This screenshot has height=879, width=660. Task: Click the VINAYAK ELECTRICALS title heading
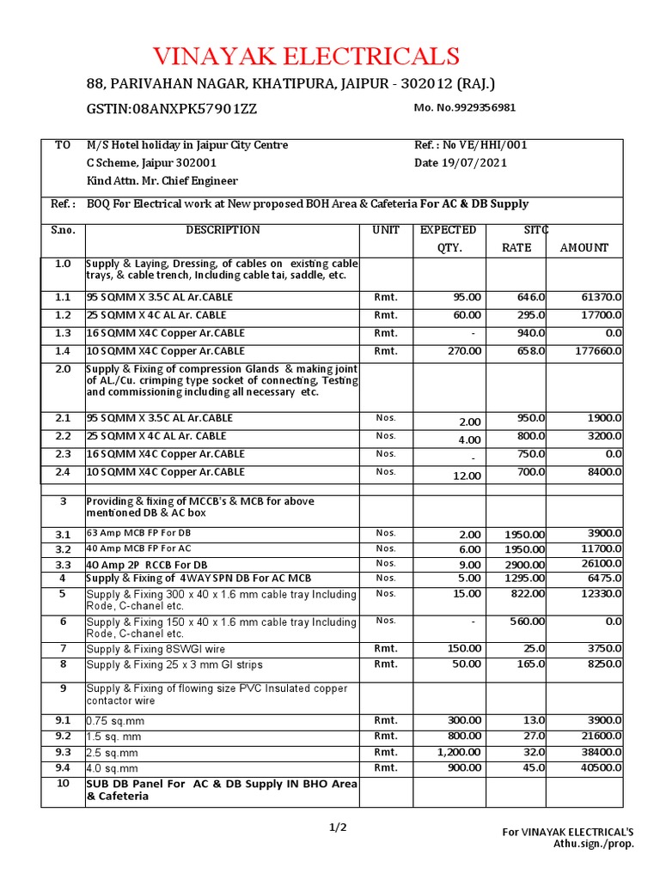[x=306, y=57]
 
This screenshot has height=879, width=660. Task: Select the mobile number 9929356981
[x=465, y=108]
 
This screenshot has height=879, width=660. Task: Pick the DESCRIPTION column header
[x=223, y=230]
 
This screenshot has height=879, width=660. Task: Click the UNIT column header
[x=386, y=230]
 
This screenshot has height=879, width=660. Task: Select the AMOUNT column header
[x=584, y=248]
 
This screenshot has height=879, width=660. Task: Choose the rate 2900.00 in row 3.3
[x=523, y=565]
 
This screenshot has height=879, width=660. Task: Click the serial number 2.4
[x=62, y=472]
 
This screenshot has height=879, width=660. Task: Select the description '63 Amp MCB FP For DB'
[x=137, y=533]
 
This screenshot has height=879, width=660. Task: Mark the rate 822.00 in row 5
[x=526, y=594]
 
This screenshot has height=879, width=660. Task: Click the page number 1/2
[x=338, y=827]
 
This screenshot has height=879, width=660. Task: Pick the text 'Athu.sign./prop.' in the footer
[x=594, y=844]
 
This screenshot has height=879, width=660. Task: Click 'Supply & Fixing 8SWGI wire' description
[x=156, y=650]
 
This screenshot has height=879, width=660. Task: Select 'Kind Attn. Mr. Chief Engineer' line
[x=162, y=181]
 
